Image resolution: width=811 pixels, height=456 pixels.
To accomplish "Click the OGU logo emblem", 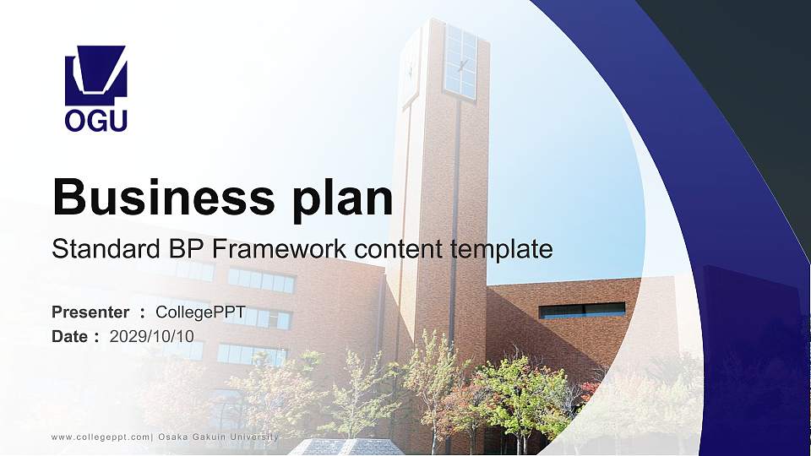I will (x=95, y=75).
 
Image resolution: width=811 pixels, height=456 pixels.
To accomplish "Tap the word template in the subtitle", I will (x=502, y=249).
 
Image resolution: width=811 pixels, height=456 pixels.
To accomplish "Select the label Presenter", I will (x=90, y=312).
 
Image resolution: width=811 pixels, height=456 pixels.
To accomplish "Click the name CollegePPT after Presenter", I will (x=200, y=312).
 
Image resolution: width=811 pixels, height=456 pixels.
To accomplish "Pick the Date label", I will (x=70, y=336).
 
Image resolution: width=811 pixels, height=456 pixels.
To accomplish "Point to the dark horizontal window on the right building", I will (x=582, y=310).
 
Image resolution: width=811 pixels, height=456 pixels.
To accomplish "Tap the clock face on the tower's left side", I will (x=411, y=68).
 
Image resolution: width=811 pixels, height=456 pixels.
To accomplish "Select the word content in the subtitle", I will (x=399, y=249).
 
